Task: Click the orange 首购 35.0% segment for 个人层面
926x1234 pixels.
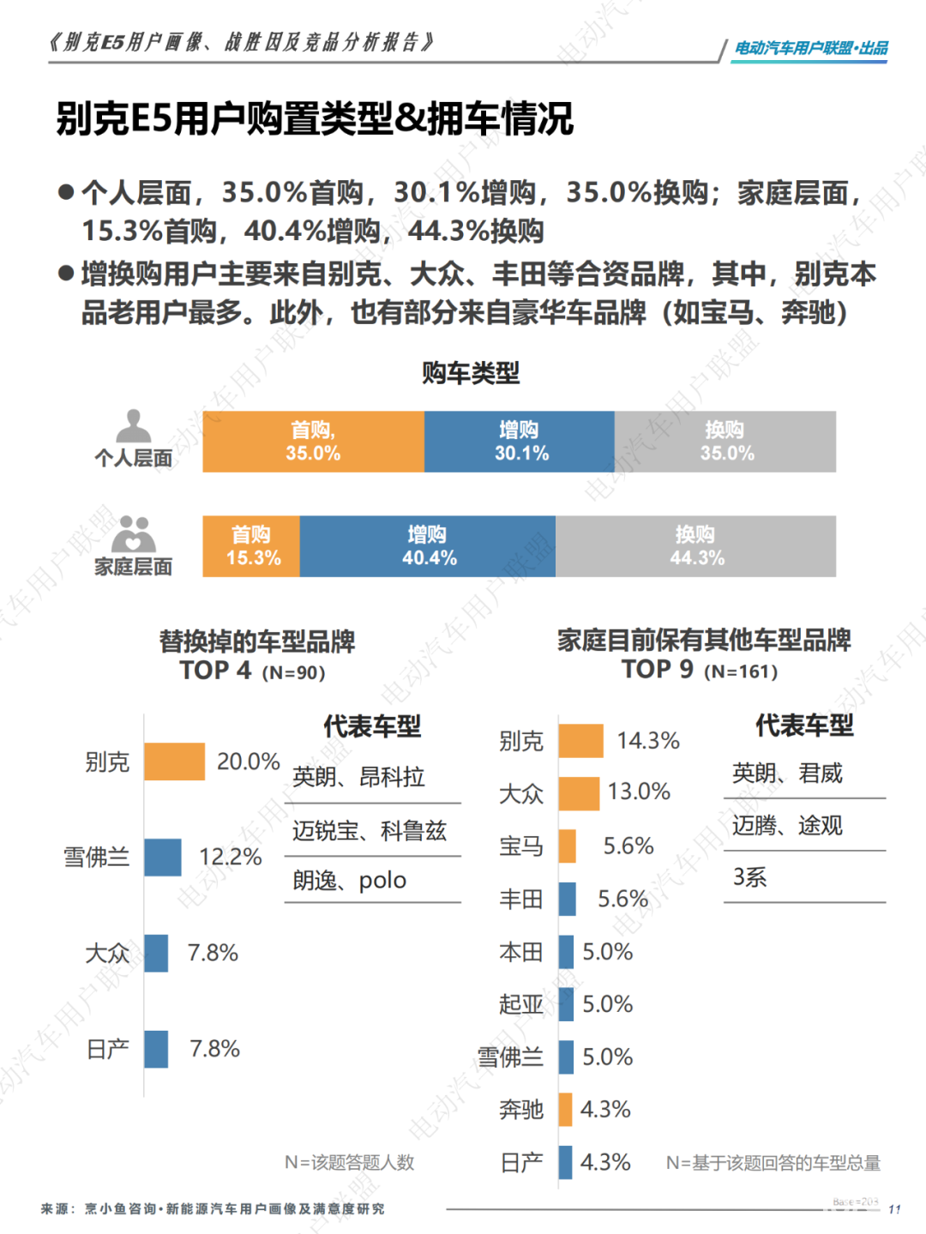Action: pyautogui.click(x=313, y=442)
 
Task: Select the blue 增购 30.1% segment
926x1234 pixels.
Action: pyautogui.click(x=519, y=442)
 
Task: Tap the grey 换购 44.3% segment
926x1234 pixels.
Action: pyautogui.click(x=695, y=546)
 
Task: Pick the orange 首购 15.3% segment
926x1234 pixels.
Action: pyautogui.click(x=251, y=546)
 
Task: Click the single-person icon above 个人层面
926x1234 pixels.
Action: pyautogui.click(x=133, y=426)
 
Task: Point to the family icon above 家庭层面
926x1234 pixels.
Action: pyautogui.click(x=134, y=535)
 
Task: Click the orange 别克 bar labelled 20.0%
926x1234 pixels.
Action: pyautogui.click(x=174, y=761)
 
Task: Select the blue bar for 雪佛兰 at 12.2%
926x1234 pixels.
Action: pyautogui.click(x=163, y=857)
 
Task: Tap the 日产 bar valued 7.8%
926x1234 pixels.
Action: pyautogui.click(x=156, y=1049)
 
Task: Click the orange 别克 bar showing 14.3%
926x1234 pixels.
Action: pyautogui.click(x=580, y=741)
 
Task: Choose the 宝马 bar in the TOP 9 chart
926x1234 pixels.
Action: pyautogui.click(x=567, y=846)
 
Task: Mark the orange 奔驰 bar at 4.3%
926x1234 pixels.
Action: pyautogui.click(x=565, y=1109)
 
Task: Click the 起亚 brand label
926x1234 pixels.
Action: pyautogui.click(x=521, y=1004)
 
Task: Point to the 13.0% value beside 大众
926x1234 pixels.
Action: pyautogui.click(x=639, y=792)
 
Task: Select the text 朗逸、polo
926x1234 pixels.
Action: pyautogui.click(x=349, y=881)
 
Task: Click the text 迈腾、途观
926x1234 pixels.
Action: pyautogui.click(x=787, y=826)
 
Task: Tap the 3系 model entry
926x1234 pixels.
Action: pyautogui.click(x=749, y=877)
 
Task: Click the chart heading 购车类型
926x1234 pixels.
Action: pyautogui.click(x=471, y=373)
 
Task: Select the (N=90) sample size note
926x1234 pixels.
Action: pyautogui.click(x=293, y=673)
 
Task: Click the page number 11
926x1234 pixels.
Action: pyautogui.click(x=894, y=1209)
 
